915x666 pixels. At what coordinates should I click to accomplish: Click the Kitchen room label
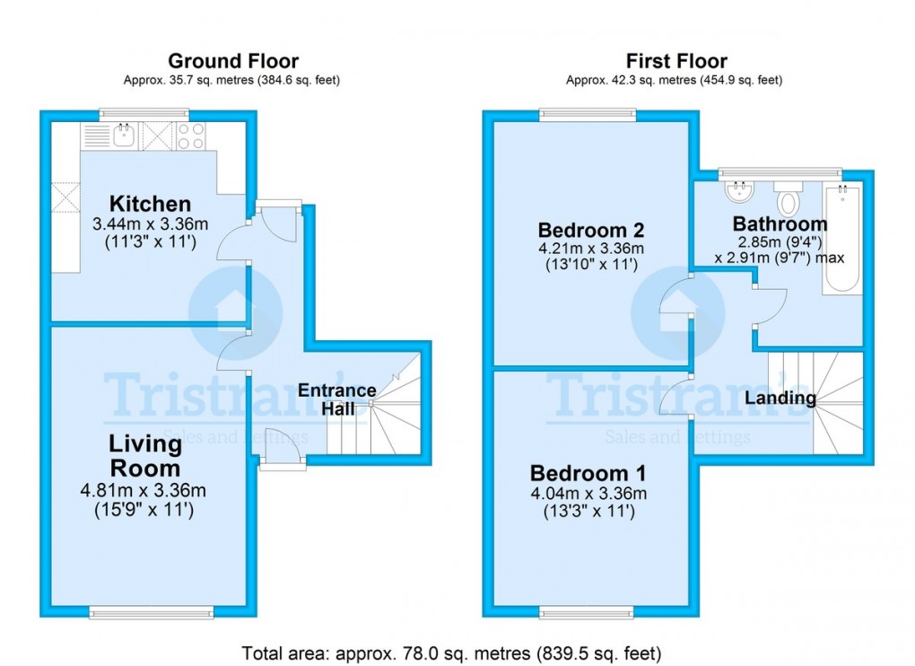point(150,204)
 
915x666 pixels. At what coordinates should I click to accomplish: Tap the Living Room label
point(144,455)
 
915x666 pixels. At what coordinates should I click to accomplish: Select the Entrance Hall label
point(336,399)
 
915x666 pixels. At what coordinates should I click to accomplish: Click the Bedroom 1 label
point(587,473)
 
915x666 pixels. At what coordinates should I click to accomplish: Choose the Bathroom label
point(779,223)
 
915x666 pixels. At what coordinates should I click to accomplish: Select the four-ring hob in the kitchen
point(190,136)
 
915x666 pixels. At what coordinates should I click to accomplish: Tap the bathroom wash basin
point(740,191)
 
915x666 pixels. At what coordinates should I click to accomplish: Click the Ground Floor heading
point(233,61)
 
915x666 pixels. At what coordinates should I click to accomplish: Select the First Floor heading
point(675,61)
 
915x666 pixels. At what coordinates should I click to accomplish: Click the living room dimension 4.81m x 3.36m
point(144,490)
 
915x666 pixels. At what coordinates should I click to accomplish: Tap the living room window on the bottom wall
point(144,613)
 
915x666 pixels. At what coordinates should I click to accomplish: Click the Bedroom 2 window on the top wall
point(587,114)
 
